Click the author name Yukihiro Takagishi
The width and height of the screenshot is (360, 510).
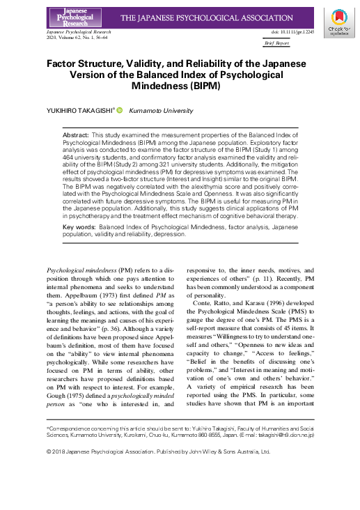point(79,111)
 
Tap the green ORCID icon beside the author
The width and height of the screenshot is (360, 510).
point(119,111)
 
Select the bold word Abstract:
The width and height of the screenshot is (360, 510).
point(75,132)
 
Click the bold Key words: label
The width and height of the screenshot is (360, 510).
point(79,227)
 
